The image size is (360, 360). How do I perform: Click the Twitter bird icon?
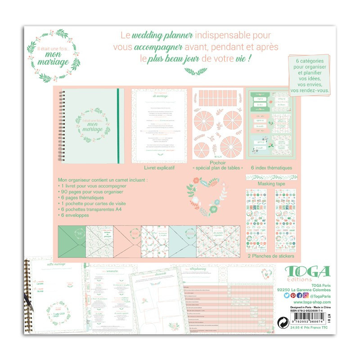pos(286,295)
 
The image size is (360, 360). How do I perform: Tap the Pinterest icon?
pos(292,295)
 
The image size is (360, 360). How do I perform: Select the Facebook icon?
pos(299,295)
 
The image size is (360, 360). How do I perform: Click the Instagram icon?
pos(305,295)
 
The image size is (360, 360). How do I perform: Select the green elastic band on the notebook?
pos(118,126)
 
